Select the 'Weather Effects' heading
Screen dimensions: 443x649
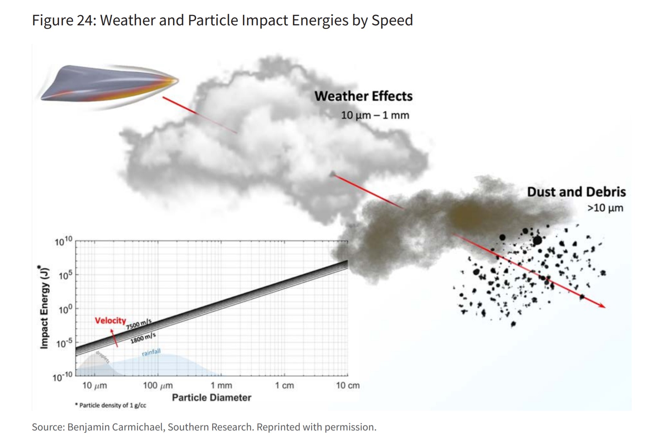coord(363,96)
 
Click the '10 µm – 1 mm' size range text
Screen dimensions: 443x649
coord(375,115)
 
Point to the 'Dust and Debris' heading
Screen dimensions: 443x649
coord(576,192)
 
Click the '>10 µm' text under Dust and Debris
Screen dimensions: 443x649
coord(605,208)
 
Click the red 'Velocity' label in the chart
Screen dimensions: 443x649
coord(110,320)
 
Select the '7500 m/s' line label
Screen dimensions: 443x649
coord(139,324)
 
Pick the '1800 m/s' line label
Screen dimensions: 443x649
coord(143,338)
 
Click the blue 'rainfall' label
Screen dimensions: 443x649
coord(151,352)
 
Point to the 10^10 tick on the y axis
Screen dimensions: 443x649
coord(63,241)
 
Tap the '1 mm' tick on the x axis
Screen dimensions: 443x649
coord(221,386)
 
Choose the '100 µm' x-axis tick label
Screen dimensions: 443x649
coord(158,386)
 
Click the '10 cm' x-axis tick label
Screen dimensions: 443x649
coord(348,386)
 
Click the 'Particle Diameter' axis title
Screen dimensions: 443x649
coord(211,398)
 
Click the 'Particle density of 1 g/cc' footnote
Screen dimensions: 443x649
coord(111,405)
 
